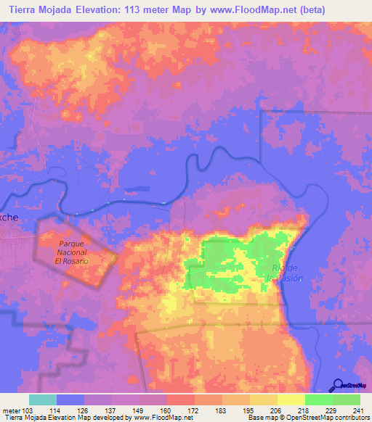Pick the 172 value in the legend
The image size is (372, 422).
[x=194, y=410]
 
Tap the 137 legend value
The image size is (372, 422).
[x=112, y=410]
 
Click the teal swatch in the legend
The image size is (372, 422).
[x=43, y=400]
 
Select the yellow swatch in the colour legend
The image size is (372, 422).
[x=291, y=400]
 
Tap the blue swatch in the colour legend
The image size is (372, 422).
[x=70, y=400]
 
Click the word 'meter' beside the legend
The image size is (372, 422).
[x=11, y=410]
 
